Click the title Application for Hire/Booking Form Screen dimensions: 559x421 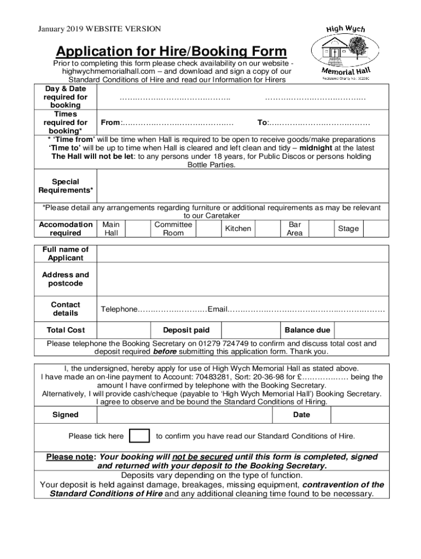pyautogui.click(x=171, y=51)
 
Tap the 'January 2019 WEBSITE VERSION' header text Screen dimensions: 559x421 pyautogui.click(x=99, y=28)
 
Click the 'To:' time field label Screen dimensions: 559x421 pyautogui.click(x=262, y=123)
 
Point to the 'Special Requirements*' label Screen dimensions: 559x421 pyautogui.click(x=65, y=186)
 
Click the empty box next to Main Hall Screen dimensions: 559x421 pyautogui.click(x=137, y=229)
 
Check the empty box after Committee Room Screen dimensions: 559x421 pyautogui.click(x=208, y=229)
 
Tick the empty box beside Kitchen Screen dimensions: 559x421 pyautogui.click(x=267, y=229)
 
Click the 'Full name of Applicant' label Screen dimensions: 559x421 pyautogui.click(x=65, y=254)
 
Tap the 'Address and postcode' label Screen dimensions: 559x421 pyautogui.click(x=65, y=279)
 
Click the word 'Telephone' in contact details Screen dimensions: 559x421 pyautogui.click(x=119, y=310)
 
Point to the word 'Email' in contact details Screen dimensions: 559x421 pyautogui.click(x=217, y=310)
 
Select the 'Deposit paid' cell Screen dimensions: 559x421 pyautogui.click(x=186, y=330)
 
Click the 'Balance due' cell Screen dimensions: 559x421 pyautogui.click(x=307, y=330)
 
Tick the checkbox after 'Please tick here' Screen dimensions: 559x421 pyautogui.click(x=139, y=436)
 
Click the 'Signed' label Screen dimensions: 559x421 pyautogui.click(x=65, y=415)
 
